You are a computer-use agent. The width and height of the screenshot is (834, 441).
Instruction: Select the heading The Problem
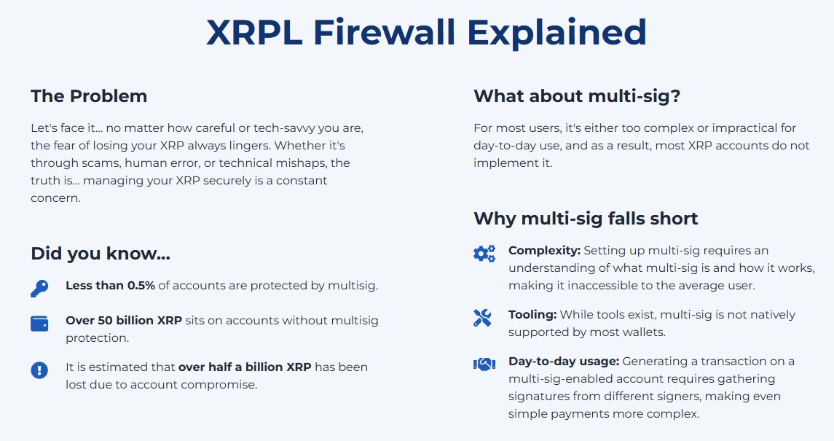point(89,95)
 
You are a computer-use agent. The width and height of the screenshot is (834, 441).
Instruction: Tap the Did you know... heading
point(101,254)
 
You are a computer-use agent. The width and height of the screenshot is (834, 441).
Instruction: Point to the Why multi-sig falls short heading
point(586,218)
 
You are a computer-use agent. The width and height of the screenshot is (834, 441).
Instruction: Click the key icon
point(39,288)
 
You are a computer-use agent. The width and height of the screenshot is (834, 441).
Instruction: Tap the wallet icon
point(39,324)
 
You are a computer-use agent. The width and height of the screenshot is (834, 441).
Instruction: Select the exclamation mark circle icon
point(39,370)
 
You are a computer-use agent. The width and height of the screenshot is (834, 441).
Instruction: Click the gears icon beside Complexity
point(484,254)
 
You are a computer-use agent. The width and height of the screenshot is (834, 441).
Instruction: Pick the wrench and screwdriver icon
point(483,317)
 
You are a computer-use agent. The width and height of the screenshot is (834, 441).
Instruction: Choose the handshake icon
point(484,364)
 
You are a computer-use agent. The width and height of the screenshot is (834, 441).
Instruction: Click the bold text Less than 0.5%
point(110,286)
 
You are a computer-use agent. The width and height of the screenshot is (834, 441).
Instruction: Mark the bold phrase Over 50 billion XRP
point(124,321)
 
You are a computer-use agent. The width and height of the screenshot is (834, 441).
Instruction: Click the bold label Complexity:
point(544,251)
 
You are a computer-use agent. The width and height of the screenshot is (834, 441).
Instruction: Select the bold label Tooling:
point(532,315)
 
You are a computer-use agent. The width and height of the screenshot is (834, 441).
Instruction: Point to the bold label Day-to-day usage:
point(563,362)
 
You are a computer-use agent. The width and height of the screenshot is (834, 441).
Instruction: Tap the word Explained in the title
point(556,33)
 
